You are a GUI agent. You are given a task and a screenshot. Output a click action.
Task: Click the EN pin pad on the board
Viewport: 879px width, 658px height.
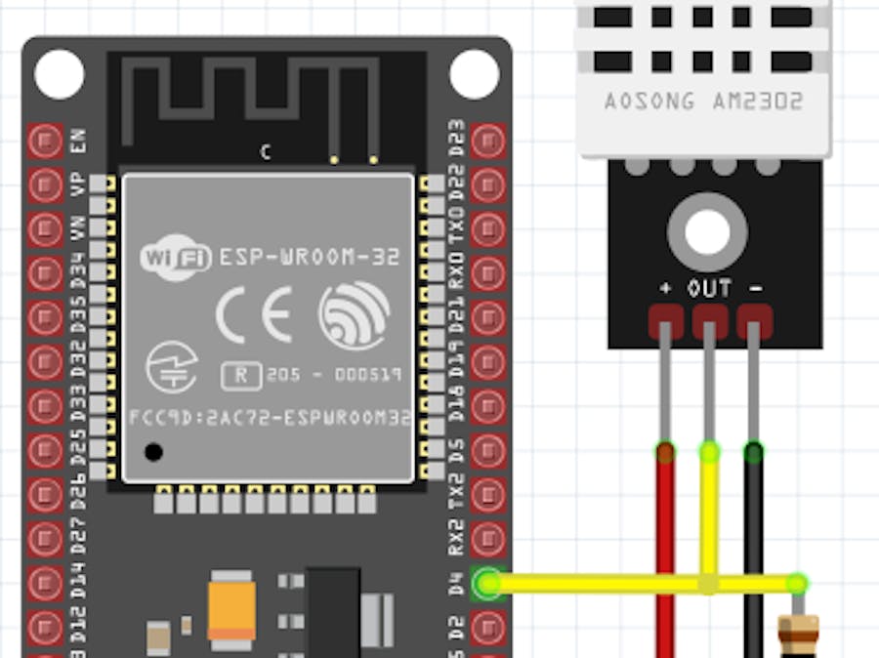tap(45, 141)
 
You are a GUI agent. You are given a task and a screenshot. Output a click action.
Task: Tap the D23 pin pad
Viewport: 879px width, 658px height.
tap(487, 141)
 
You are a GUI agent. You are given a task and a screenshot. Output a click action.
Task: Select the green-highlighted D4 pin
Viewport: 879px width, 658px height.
tap(487, 584)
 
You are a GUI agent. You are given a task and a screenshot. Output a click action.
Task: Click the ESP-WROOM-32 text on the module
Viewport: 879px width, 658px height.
tap(309, 258)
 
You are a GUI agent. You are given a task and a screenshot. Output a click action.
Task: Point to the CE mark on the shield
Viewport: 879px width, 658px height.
tap(253, 315)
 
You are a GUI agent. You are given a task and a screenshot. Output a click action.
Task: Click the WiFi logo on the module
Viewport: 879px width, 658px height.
tap(177, 258)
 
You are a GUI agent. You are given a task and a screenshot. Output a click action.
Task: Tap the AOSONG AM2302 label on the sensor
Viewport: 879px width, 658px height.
tap(703, 102)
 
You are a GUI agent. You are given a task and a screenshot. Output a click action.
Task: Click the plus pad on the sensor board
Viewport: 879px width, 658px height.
tap(665, 320)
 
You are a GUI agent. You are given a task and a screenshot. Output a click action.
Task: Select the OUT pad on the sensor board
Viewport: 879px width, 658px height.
tap(710, 320)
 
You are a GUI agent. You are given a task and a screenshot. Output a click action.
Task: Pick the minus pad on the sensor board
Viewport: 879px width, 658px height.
tap(754, 320)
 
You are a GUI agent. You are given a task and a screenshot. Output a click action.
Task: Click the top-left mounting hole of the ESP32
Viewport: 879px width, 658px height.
tap(59, 74)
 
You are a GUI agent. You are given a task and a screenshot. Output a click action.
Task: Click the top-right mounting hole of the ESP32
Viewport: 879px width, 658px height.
tap(475, 74)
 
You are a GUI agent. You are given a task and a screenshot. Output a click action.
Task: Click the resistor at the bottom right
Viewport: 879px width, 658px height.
tap(795, 635)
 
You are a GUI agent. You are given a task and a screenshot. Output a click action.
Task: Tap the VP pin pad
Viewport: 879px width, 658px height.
tap(45, 185)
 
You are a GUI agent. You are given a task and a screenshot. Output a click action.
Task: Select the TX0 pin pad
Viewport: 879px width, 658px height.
tap(487, 228)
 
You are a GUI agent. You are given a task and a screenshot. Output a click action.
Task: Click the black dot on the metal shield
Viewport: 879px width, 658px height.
tap(152, 452)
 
